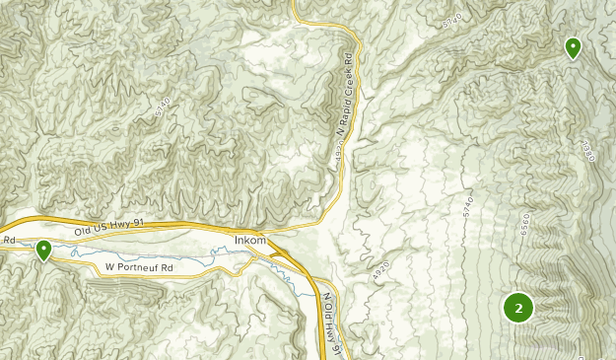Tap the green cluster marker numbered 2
click(x=517, y=308)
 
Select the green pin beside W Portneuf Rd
click(x=43, y=252)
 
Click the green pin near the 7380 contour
click(x=573, y=46)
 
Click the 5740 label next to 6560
click(x=468, y=208)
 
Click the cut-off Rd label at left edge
click(x=8, y=240)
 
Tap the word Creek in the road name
click(x=347, y=70)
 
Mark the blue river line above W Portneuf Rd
click(x=148, y=253)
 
